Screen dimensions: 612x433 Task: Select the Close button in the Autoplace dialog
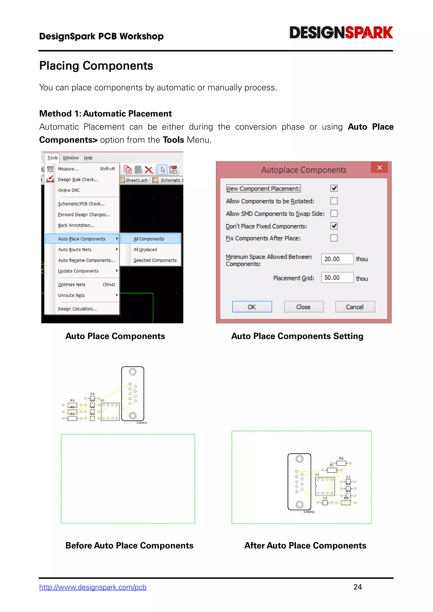pyautogui.click(x=303, y=307)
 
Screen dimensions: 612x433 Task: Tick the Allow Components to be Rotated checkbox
pyautogui.click(x=334, y=201)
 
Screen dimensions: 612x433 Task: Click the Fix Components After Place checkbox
pyautogui.click(x=334, y=238)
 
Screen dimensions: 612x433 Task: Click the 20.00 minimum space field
pyautogui.click(x=337, y=259)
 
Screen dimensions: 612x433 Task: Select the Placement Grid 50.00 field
pyautogui.click(x=337, y=277)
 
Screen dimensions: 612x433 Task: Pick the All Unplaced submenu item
pyautogui.click(x=145, y=250)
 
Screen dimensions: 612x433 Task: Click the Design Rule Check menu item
pyautogui.click(x=78, y=180)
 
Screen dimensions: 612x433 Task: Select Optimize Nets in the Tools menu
pyautogui.click(x=72, y=284)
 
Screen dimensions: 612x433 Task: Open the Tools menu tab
pyautogui.click(x=52, y=158)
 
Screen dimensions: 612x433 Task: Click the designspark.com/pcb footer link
pyautogui.click(x=93, y=587)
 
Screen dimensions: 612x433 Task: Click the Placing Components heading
pyautogui.click(x=96, y=66)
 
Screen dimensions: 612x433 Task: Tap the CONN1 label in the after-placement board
pyautogui.click(x=309, y=512)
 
